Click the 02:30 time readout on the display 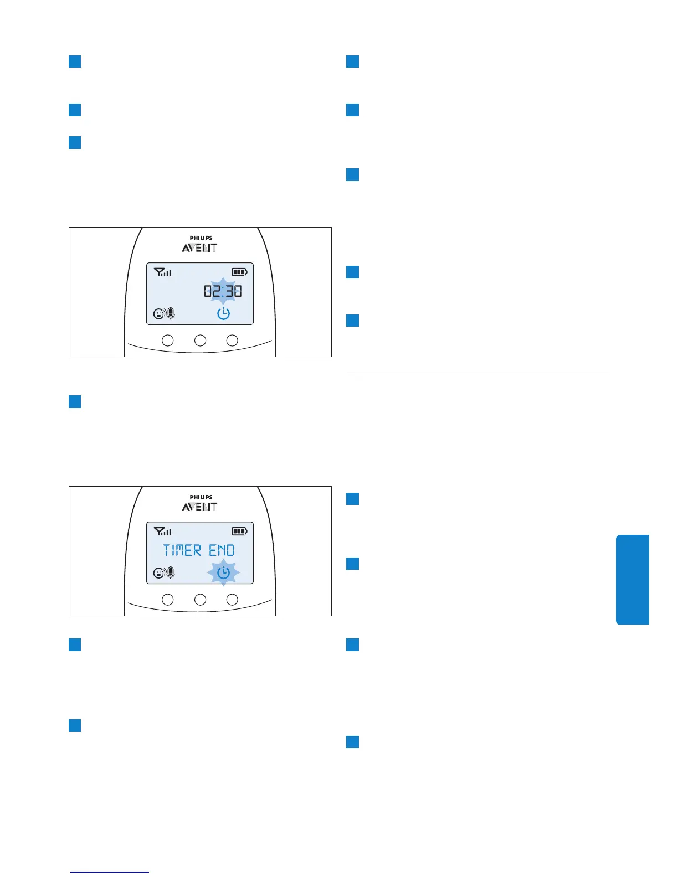tap(223, 291)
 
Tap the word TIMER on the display tap(182, 550)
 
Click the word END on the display tap(222, 550)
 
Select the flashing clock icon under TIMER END tap(223, 572)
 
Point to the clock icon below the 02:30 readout tap(223, 314)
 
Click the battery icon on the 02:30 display tap(239, 272)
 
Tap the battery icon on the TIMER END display tap(239, 532)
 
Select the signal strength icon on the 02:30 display tap(162, 272)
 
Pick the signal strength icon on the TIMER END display tap(162, 532)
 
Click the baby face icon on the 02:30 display tap(158, 314)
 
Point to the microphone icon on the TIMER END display tap(170, 572)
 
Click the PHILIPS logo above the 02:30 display tap(201, 238)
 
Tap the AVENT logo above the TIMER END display tap(199, 507)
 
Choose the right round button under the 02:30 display tap(233, 340)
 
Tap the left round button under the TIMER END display tap(167, 599)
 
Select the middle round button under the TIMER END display tap(200, 599)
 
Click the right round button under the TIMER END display tap(233, 599)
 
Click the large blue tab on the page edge tap(632, 579)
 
